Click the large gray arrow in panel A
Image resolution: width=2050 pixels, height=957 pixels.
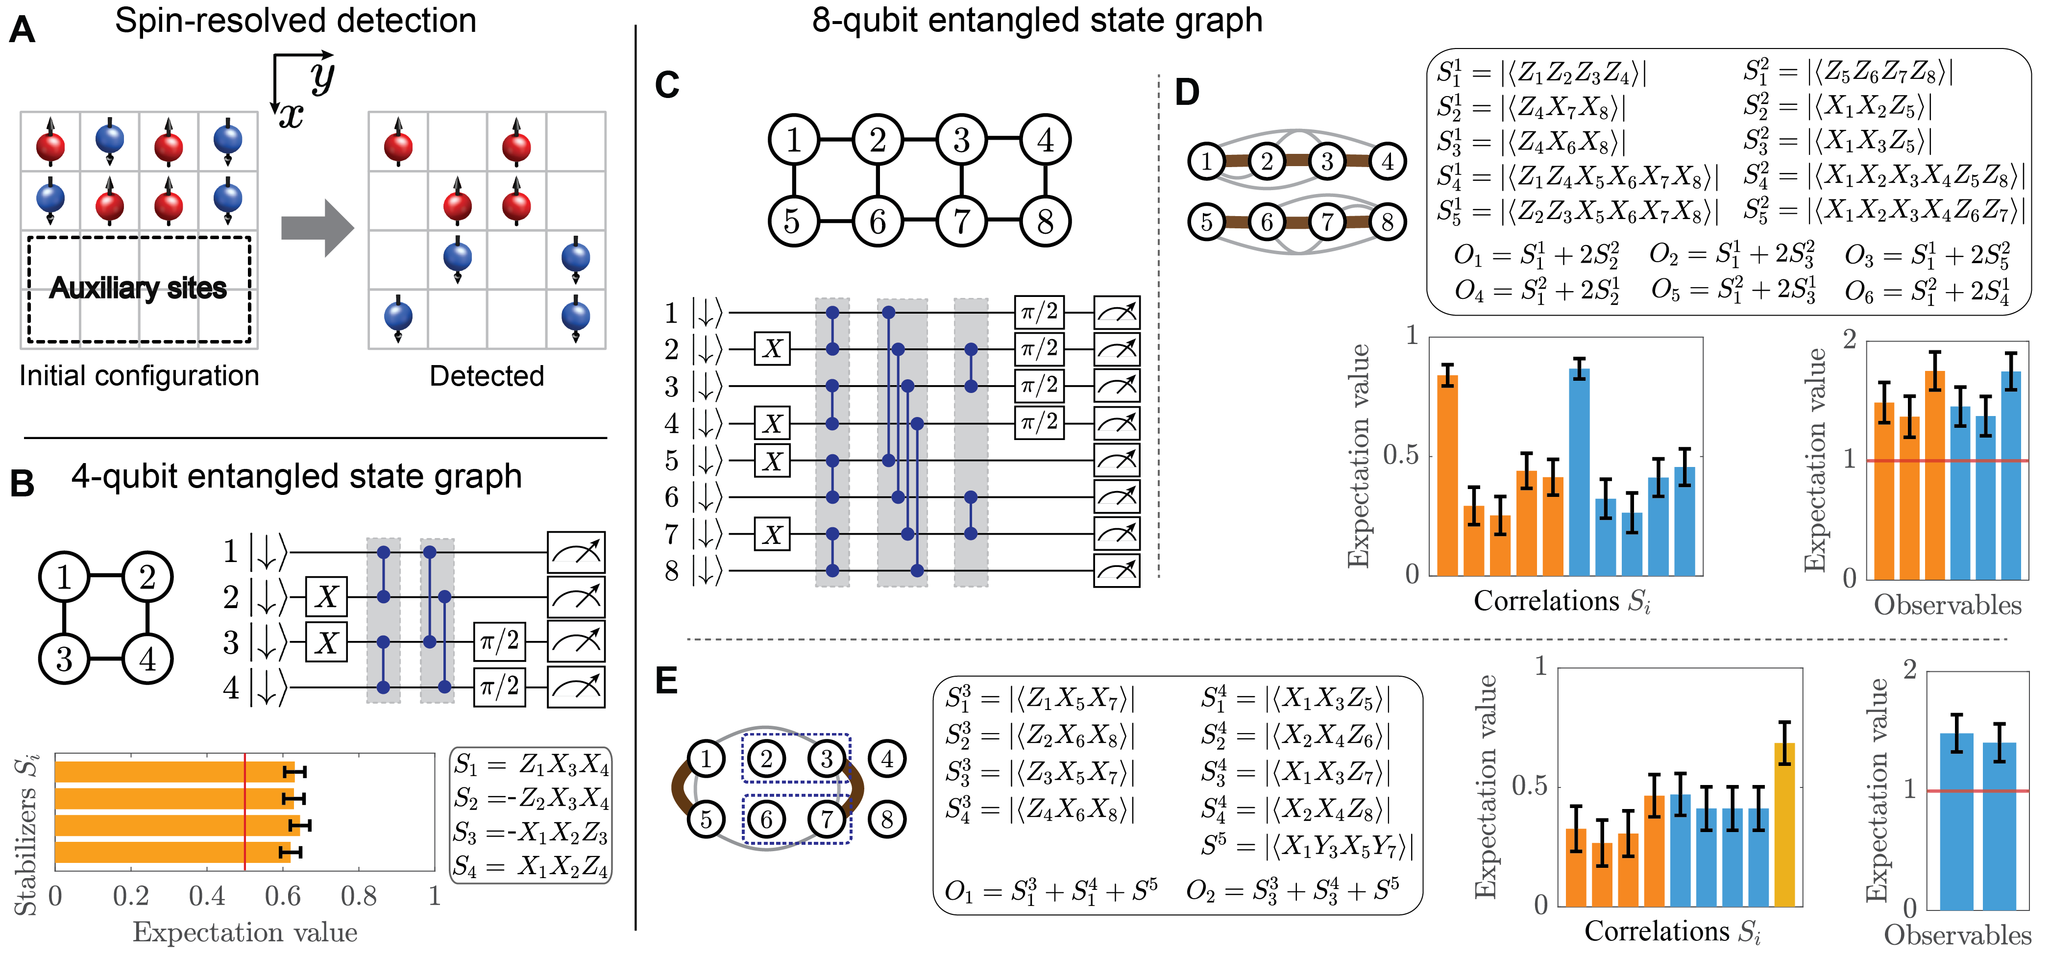click(x=317, y=228)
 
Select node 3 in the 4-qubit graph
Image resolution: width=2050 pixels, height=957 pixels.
click(x=64, y=659)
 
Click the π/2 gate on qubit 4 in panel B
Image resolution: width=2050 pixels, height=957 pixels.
click(x=499, y=686)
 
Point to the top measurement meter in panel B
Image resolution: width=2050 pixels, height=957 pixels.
click(x=576, y=552)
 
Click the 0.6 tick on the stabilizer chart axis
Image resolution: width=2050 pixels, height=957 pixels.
click(x=283, y=897)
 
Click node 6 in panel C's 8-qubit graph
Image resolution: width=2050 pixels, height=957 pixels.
click(x=877, y=221)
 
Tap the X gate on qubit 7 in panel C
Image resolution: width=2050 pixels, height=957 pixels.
click(x=772, y=534)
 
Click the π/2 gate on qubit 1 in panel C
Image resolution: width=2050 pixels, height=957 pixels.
click(x=1039, y=312)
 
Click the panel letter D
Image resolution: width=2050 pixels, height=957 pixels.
click(x=1187, y=93)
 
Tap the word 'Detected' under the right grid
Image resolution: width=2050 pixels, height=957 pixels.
click(x=486, y=376)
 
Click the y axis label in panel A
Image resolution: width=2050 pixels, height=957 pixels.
click(x=322, y=75)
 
